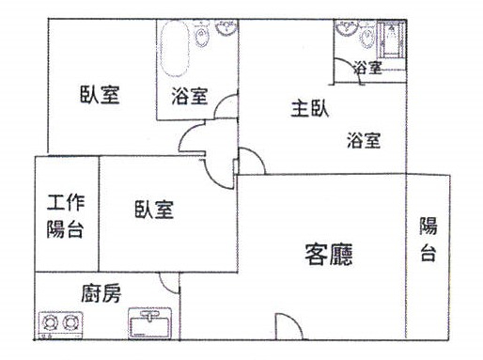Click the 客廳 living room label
[329, 255]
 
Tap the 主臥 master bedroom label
[310, 108]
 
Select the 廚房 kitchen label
[101, 293]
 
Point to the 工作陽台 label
[66, 216]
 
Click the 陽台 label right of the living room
[428, 239]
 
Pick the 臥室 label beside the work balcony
[154, 210]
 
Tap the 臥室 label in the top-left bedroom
[100, 95]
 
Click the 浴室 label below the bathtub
[190, 96]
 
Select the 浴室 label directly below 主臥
[364, 140]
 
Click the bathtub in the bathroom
[175, 49]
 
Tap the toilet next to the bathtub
[202, 34]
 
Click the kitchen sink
[149, 323]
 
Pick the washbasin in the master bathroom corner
[347, 27]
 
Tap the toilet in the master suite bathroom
[367, 35]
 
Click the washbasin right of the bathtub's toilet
[226, 27]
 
